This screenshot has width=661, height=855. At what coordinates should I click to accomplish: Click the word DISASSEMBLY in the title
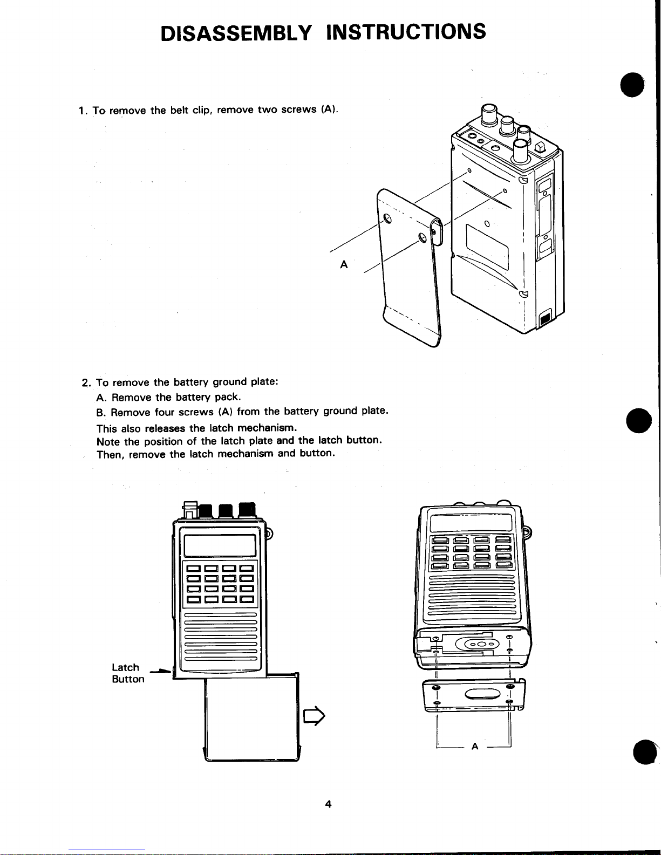236,32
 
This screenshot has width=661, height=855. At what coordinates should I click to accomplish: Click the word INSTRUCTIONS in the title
406,31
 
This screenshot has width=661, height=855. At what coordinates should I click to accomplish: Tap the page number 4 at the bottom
328,804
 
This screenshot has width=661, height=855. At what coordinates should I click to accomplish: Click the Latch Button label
128,673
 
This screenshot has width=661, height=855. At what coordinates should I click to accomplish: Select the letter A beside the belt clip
344,264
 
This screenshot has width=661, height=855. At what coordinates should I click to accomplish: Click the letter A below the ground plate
475,746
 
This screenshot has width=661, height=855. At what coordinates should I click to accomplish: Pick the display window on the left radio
220,545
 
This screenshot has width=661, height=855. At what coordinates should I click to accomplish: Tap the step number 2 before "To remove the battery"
85,383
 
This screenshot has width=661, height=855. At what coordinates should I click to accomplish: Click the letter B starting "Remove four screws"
100,413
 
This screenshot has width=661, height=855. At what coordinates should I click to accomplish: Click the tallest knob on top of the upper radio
490,114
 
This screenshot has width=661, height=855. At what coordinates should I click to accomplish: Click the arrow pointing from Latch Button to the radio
160,671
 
